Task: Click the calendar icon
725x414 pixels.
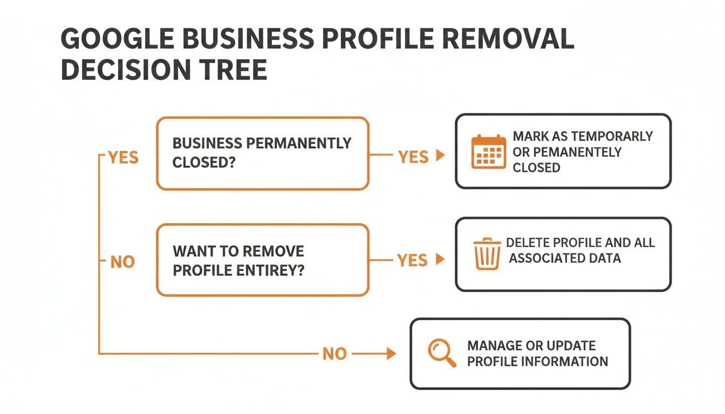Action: tap(489, 152)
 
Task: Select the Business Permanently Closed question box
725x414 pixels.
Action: tap(263, 154)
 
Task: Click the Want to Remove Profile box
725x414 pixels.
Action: tap(263, 260)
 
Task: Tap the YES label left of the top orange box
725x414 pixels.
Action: tap(124, 158)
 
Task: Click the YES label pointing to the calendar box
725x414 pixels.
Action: tap(413, 157)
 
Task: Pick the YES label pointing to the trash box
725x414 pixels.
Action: tap(413, 261)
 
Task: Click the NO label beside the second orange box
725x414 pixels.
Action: tap(123, 263)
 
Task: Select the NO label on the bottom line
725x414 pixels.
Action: tap(334, 354)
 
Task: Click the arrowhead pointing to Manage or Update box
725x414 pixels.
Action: tap(392, 354)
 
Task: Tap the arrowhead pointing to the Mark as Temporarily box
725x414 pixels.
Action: tap(440, 156)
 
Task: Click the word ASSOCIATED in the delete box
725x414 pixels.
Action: tap(546, 258)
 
